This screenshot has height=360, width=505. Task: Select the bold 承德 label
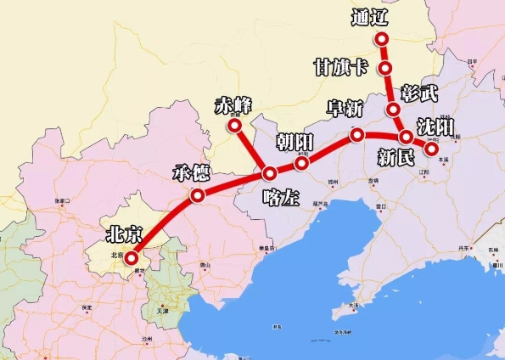(189, 174)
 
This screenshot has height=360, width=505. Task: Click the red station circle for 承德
(198, 195)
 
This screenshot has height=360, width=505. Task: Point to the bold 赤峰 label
(233, 105)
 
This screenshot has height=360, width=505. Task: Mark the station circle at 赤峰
(235, 126)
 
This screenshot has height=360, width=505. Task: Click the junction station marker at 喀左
(270, 174)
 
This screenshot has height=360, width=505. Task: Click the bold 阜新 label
(346, 110)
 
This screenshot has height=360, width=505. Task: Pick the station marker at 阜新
(357, 134)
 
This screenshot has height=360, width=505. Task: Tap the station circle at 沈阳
(431, 149)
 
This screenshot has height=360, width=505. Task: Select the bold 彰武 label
(422, 91)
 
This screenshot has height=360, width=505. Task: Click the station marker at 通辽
(382, 39)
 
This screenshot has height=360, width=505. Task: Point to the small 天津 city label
(163, 312)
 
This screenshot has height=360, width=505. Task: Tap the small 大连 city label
(352, 304)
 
